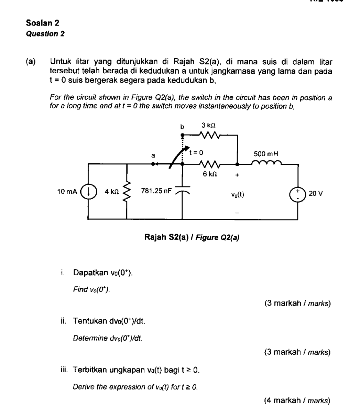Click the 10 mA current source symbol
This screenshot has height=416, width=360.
point(88,191)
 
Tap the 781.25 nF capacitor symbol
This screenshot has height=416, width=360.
point(182,191)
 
